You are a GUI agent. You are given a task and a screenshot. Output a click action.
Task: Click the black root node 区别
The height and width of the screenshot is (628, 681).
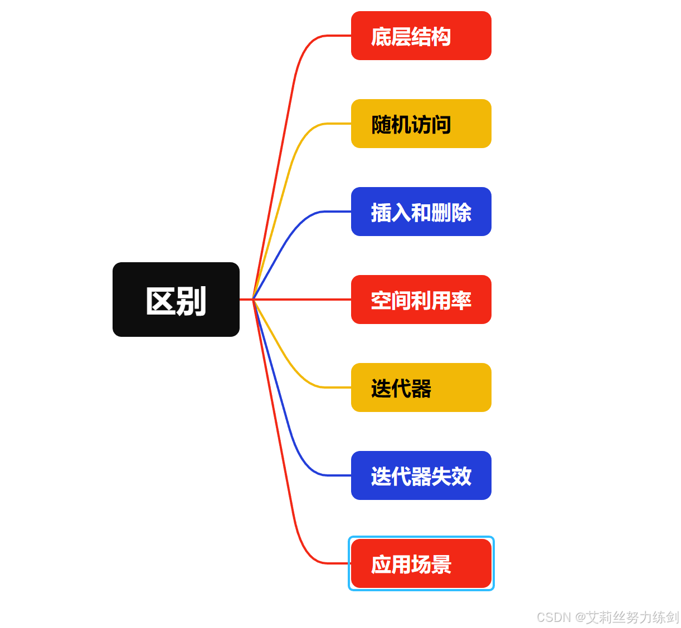pyautogui.click(x=176, y=300)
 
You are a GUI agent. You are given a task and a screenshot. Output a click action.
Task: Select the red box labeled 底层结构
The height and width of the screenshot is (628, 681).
pyautogui.click(x=421, y=36)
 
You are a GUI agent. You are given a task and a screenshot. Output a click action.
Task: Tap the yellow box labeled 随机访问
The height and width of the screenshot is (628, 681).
pyautogui.click(x=421, y=124)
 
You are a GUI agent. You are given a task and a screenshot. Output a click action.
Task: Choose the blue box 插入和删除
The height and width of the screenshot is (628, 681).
pyautogui.click(x=421, y=212)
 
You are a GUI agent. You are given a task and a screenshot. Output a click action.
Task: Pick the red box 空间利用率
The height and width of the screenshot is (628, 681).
pyautogui.click(x=421, y=300)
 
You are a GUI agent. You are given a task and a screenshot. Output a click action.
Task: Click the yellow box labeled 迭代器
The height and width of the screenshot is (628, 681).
pyautogui.click(x=421, y=387)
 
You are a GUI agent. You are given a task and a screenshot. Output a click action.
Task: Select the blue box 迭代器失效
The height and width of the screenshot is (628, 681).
pyautogui.click(x=421, y=475)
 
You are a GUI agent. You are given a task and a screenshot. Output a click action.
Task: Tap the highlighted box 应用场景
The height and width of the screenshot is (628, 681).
pyautogui.click(x=421, y=563)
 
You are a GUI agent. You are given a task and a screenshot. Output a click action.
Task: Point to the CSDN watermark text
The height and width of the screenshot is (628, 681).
pyautogui.click(x=607, y=617)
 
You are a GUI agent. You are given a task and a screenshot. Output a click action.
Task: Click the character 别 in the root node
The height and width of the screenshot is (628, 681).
pyautogui.click(x=192, y=301)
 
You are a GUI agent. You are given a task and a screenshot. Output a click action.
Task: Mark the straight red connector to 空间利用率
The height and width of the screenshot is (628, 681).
pyautogui.click(x=301, y=300)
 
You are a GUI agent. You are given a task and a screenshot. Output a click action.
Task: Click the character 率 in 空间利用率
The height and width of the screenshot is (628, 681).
pyautogui.click(x=461, y=301)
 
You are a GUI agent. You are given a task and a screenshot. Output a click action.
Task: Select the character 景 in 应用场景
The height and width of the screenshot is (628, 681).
pyautogui.click(x=441, y=565)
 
